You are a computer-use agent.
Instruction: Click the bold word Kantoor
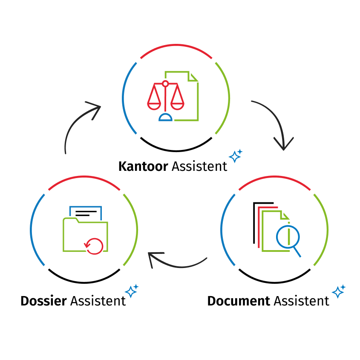(x=143, y=166)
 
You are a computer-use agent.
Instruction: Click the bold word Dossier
(x=43, y=301)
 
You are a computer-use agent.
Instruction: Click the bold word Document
(x=239, y=301)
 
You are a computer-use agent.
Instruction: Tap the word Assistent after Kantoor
(x=199, y=166)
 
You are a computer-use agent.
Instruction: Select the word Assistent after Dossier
(x=98, y=301)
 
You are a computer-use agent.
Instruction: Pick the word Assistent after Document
(x=301, y=301)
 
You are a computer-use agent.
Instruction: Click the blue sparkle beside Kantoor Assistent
(x=235, y=156)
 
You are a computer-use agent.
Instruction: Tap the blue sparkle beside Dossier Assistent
(x=132, y=291)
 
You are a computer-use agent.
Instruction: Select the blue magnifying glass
(x=288, y=238)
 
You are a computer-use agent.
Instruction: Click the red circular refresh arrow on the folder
(x=94, y=245)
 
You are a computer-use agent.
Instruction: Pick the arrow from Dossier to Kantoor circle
(x=77, y=124)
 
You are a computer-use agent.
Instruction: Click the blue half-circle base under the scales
(x=165, y=118)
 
